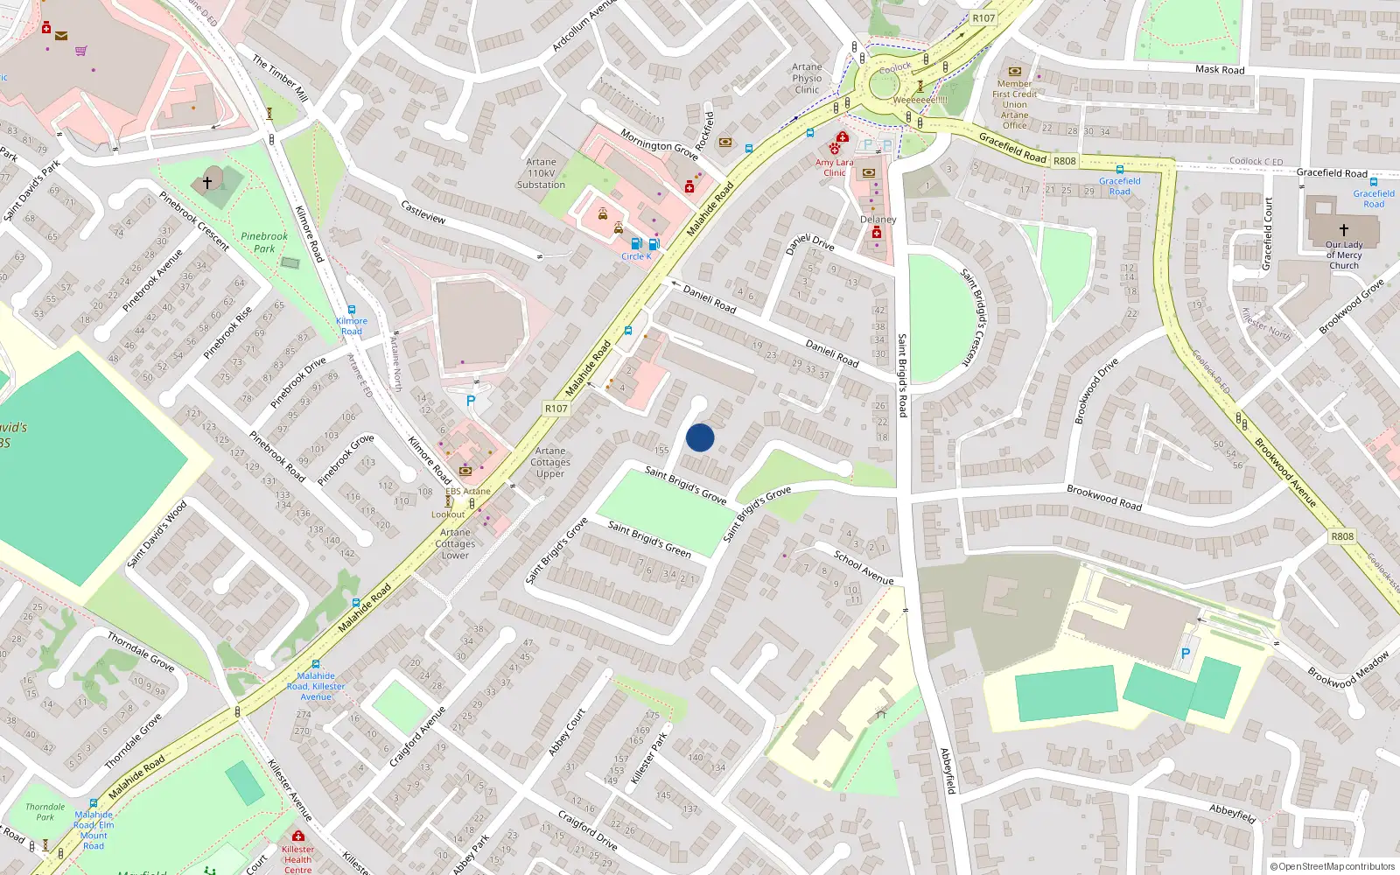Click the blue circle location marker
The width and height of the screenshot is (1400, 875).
click(700, 437)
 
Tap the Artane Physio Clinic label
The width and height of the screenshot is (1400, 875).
click(807, 79)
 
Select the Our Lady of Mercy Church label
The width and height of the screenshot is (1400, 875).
click(1344, 255)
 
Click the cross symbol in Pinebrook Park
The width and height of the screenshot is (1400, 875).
click(207, 182)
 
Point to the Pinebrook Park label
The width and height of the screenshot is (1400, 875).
click(264, 242)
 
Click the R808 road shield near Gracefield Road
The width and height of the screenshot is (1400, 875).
click(1065, 161)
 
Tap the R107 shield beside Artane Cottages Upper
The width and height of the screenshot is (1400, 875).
click(556, 409)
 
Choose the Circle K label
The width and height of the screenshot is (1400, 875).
click(636, 256)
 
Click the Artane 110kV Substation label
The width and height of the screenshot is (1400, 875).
click(541, 173)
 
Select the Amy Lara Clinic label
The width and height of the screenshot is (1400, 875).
click(834, 167)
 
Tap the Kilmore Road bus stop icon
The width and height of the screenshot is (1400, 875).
click(352, 310)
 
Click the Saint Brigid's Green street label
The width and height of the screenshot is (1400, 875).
click(649, 539)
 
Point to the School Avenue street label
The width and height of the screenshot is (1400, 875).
click(864, 568)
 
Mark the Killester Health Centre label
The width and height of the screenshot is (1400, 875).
click(297, 859)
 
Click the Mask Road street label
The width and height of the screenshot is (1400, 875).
click(1220, 69)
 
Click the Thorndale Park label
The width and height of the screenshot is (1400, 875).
click(45, 812)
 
